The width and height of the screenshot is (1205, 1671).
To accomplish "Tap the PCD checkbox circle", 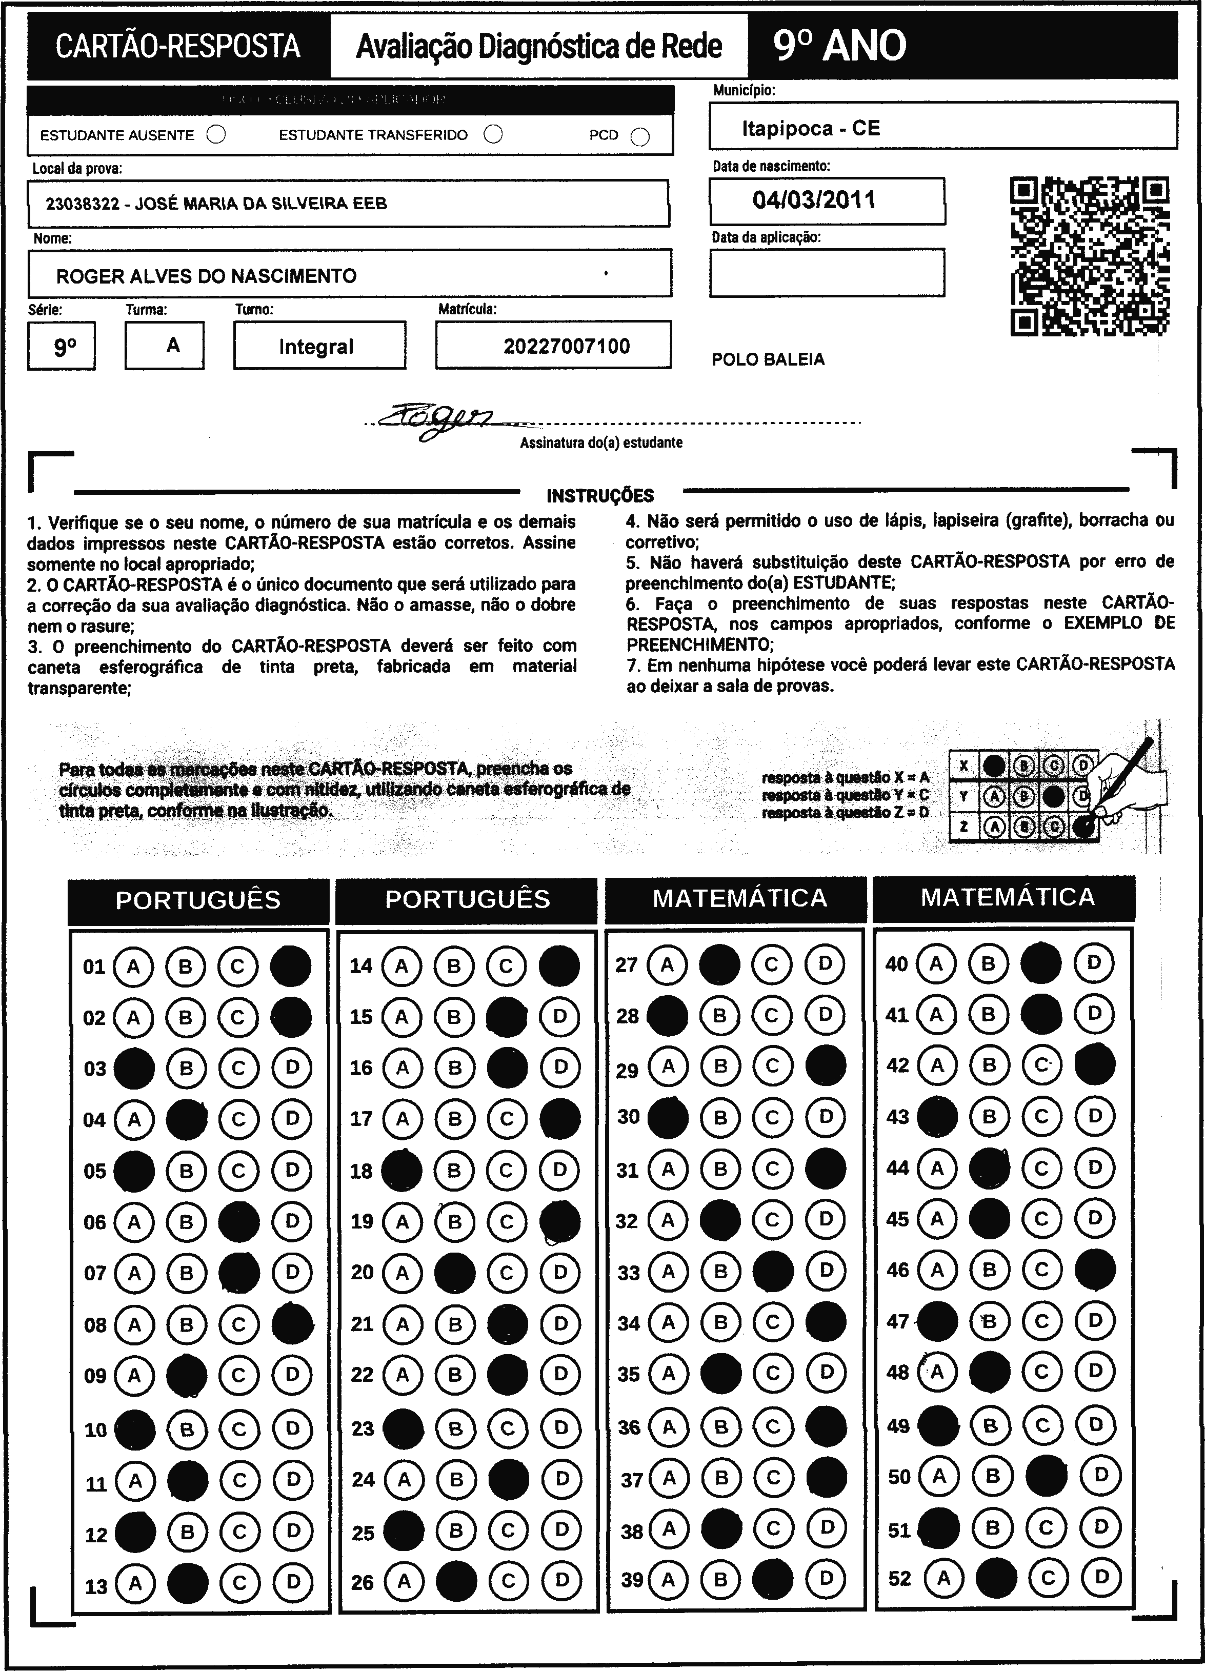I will point(640,137).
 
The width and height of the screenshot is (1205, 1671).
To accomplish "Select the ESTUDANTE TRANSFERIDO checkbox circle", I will point(493,134).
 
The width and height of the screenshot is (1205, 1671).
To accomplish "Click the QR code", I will point(1089,256).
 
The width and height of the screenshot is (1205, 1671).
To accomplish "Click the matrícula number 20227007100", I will point(566,346).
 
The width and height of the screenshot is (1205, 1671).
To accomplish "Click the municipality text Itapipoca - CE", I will point(811,128).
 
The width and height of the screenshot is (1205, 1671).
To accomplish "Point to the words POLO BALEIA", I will point(768,359).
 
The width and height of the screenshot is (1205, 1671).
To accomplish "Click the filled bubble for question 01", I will point(291,966).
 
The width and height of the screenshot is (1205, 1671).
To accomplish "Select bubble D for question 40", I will point(1094,963).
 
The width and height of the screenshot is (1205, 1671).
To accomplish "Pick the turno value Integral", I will point(316,346).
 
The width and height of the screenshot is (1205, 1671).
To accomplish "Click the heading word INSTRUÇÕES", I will point(600,496).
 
